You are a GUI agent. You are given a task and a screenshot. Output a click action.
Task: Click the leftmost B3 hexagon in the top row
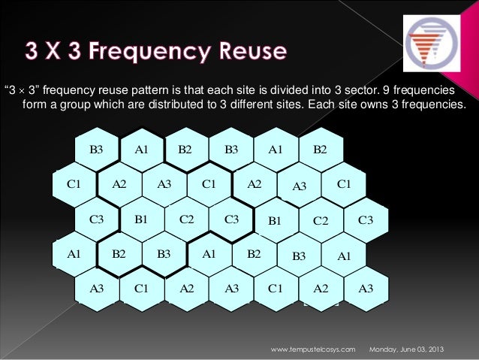click(96, 149)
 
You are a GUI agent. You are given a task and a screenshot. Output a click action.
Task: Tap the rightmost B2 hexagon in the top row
click(321, 149)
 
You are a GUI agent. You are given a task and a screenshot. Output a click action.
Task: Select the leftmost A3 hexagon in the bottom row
click(96, 288)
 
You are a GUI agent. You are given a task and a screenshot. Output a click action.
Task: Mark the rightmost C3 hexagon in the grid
click(366, 219)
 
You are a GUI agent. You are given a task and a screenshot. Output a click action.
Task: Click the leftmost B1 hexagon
click(141, 219)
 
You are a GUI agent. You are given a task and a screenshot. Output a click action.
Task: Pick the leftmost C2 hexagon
click(187, 219)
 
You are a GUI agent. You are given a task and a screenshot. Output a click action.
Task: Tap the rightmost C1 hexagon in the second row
click(344, 183)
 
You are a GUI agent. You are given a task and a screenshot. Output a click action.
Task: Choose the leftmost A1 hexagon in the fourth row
click(74, 253)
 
